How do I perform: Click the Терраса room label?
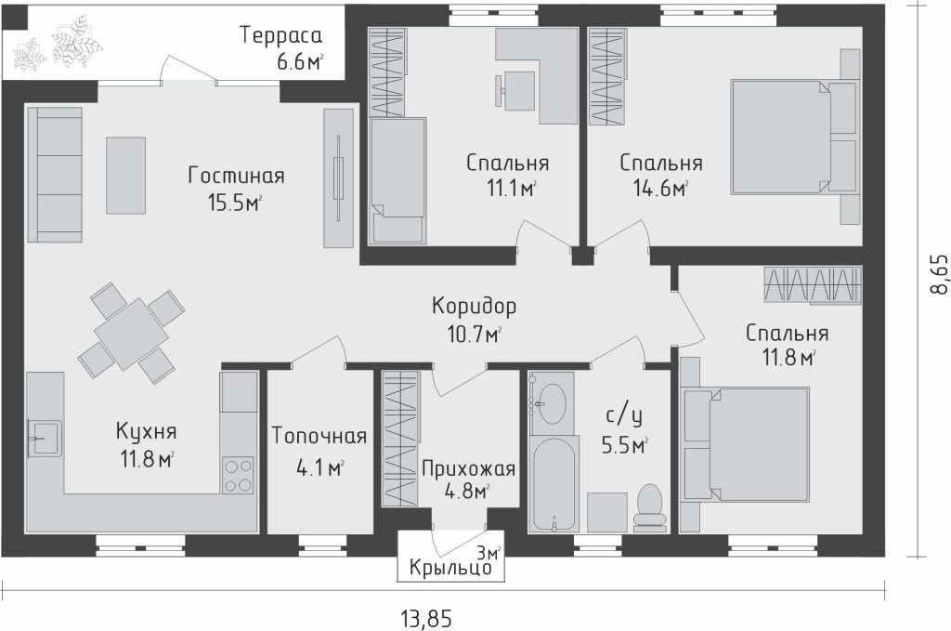[x=280, y=35]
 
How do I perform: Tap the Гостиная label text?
[x=236, y=176]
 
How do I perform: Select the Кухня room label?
[x=146, y=432]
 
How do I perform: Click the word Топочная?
[x=319, y=436]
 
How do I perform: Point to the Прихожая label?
[x=468, y=468]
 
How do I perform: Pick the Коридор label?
[x=475, y=306]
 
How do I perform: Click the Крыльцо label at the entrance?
[x=450, y=569]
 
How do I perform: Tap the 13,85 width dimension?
[x=427, y=619]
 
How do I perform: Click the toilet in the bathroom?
[x=649, y=507]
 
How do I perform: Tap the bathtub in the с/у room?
[x=553, y=484]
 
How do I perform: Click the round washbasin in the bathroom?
[x=552, y=403]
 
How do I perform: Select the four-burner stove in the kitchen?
[x=239, y=475]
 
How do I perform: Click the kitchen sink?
[x=44, y=438]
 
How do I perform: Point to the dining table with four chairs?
[x=131, y=334]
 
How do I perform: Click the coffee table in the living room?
[x=126, y=176]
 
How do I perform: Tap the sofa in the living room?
[x=55, y=175]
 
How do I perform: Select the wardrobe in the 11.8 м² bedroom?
[x=814, y=284]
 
